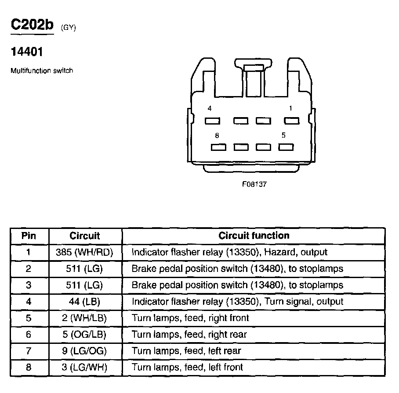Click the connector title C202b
click(32, 25)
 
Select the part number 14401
click(27, 52)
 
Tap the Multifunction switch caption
click(42, 70)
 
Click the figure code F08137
click(254, 184)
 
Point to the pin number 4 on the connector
click(210, 108)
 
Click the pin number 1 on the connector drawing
click(290, 108)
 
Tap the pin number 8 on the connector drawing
click(217, 136)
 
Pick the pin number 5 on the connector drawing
click(283, 136)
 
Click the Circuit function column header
click(254, 236)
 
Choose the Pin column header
click(29, 236)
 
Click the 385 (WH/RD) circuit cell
click(85, 252)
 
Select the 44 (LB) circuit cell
click(85, 302)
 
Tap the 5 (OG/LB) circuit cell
click(85, 334)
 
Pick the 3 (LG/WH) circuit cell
click(85, 367)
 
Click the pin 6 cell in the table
click(29, 334)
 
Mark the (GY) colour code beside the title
click(69, 28)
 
